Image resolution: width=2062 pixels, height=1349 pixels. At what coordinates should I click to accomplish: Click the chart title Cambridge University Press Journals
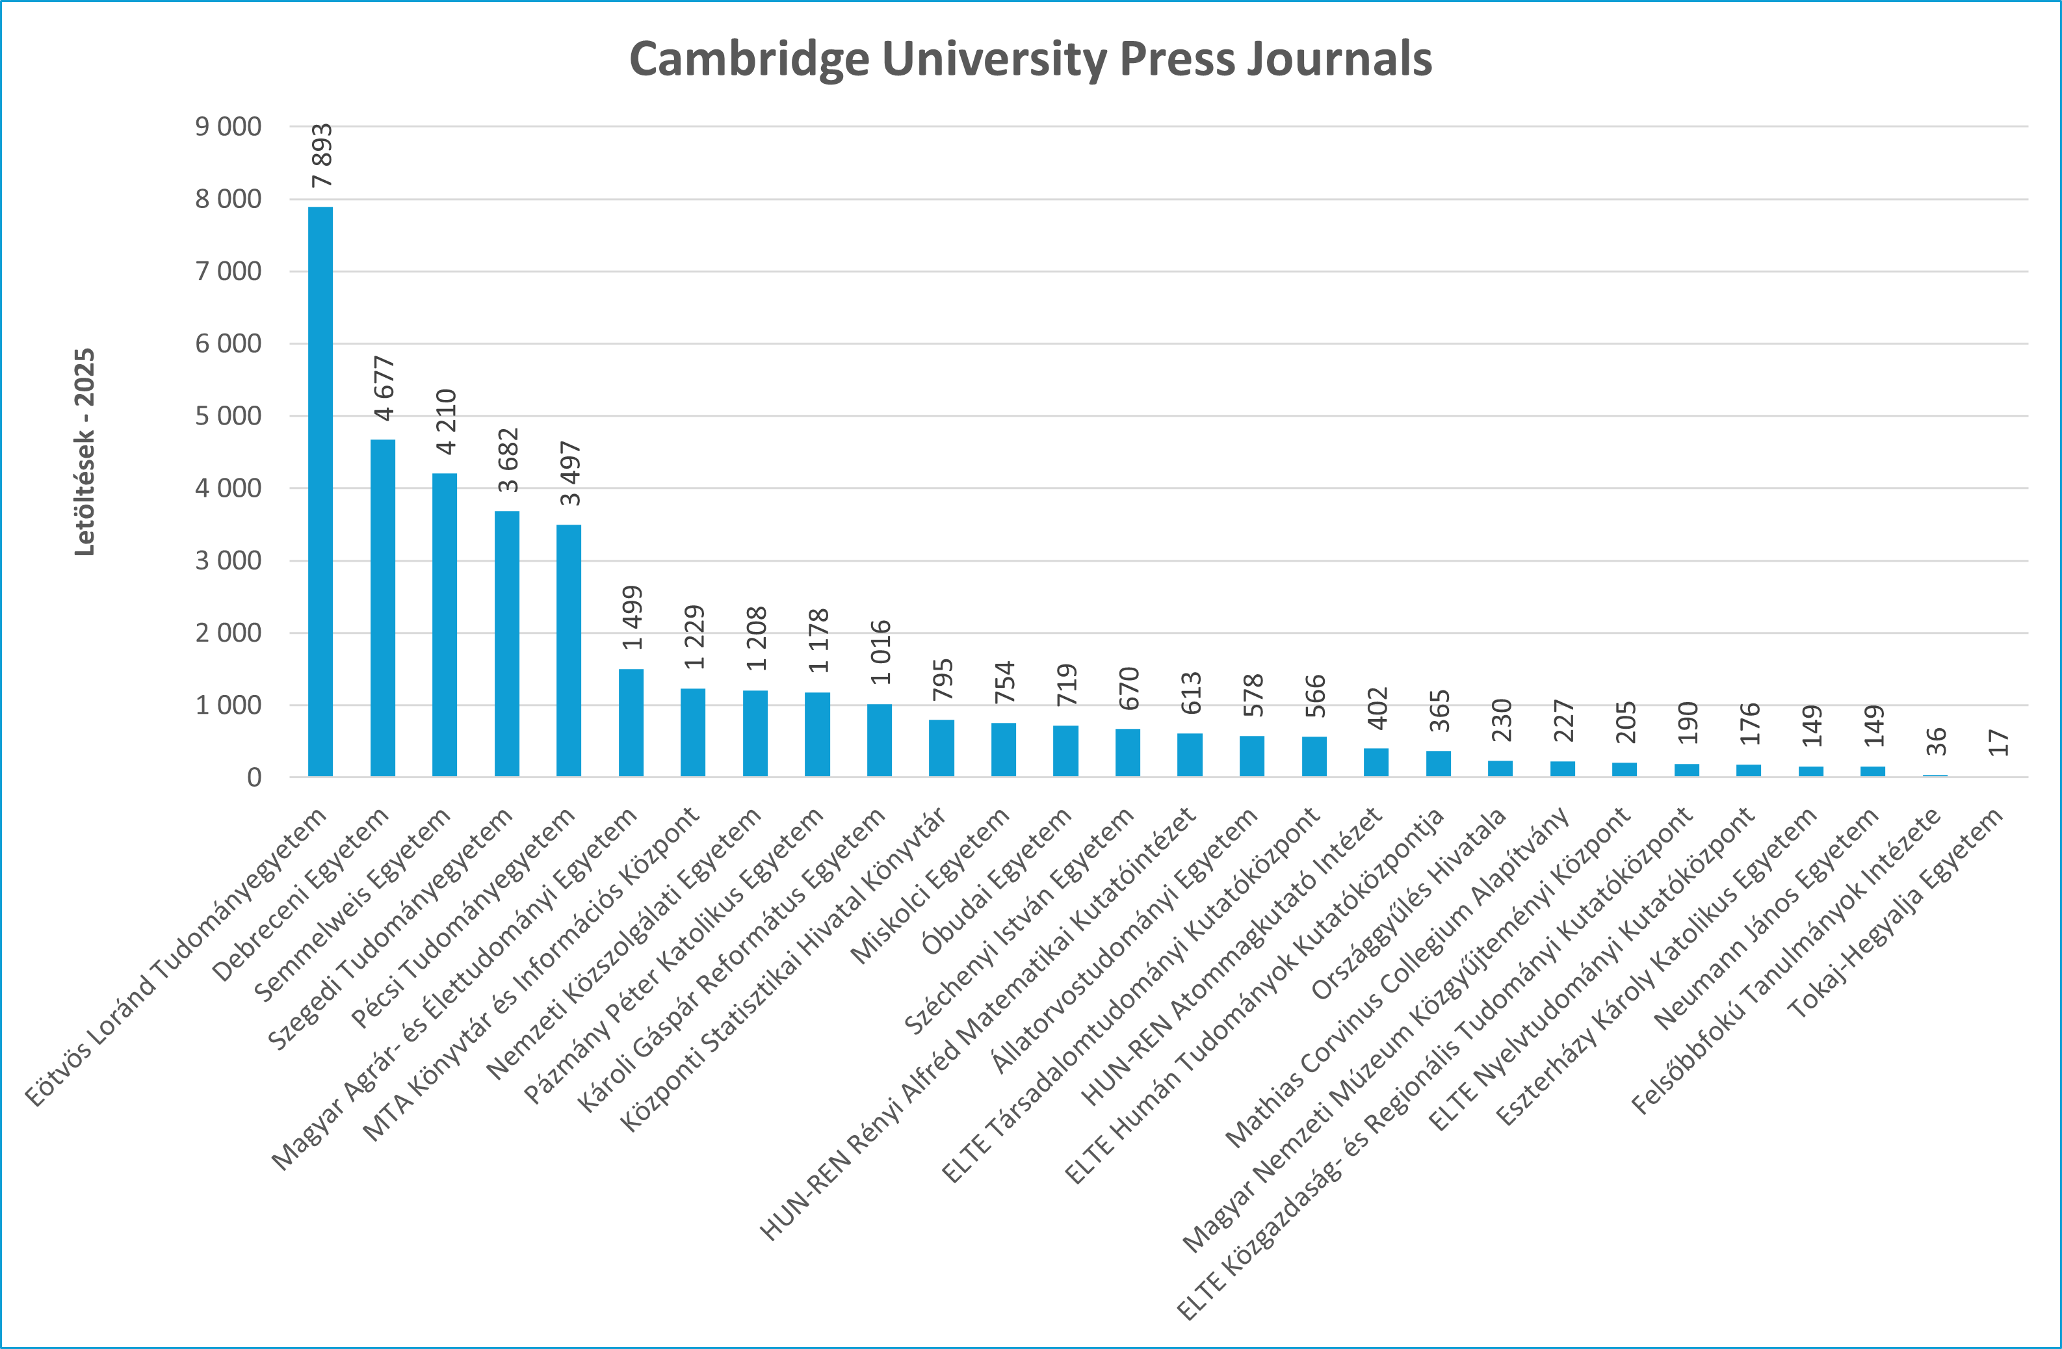1030,59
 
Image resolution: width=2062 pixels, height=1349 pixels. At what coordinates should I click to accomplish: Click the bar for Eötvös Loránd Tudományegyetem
320,491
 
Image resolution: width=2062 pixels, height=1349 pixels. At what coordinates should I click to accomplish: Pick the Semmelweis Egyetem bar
445,625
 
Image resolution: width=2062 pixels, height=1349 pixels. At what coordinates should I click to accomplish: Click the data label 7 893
321,156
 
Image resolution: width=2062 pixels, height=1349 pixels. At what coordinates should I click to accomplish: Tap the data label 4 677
384,388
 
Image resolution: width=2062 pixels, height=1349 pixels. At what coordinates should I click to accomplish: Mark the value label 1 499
633,618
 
